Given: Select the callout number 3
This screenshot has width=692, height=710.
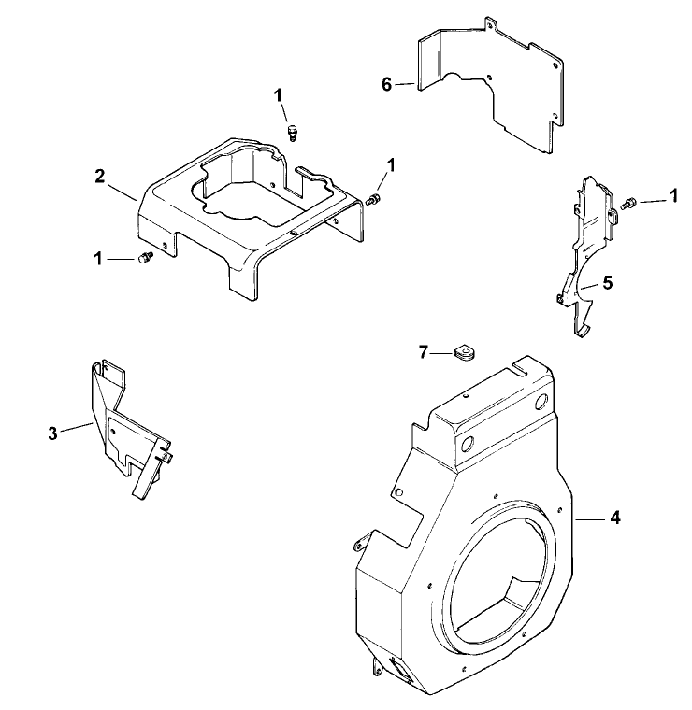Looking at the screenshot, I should point(53,432).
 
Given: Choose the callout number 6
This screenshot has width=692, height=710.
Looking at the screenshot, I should point(386,84).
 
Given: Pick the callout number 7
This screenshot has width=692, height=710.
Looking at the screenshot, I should point(424,351).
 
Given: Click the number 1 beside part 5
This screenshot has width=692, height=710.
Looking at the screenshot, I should point(673,198).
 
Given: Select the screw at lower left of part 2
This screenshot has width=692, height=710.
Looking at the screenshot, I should point(144,260).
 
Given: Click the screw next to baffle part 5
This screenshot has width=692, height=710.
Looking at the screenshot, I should point(629,200).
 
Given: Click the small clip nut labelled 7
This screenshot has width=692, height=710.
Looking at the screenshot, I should point(461,353).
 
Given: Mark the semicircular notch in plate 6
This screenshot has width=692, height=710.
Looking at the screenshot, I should point(460,79).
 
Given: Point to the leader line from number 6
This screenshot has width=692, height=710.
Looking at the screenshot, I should point(404,85).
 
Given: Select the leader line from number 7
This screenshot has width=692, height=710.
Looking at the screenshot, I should point(441,352).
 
